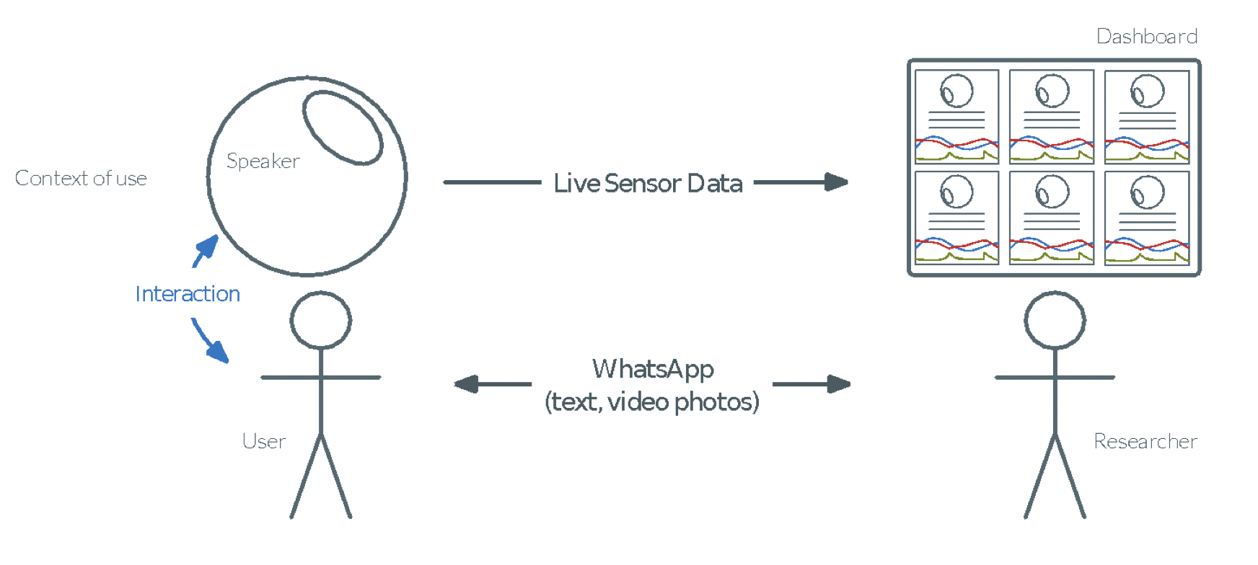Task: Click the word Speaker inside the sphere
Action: (x=263, y=161)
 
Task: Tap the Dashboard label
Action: (x=1147, y=36)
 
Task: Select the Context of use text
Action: (x=81, y=178)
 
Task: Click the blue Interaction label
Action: (x=188, y=294)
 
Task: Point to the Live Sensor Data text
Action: (x=648, y=183)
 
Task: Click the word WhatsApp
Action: (x=653, y=369)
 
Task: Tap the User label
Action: (x=264, y=441)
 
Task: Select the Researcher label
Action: (x=1145, y=441)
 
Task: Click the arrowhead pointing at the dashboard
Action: (x=837, y=182)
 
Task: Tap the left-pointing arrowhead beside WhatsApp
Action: (x=466, y=384)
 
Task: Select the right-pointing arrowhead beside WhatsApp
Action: (x=839, y=384)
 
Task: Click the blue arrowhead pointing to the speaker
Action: (x=208, y=246)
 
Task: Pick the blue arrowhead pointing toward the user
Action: (x=218, y=351)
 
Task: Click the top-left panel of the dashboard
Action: (x=956, y=117)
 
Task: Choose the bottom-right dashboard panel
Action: (x=1147, y=218)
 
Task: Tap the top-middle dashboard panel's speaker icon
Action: (x=1052, y=92)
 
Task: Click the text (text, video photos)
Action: (x=652, y=402)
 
